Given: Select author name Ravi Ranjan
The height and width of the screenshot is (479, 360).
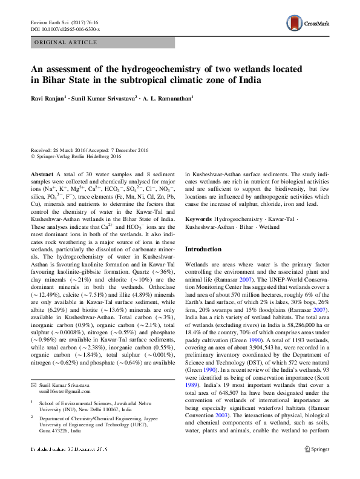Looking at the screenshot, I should [50, 97].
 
